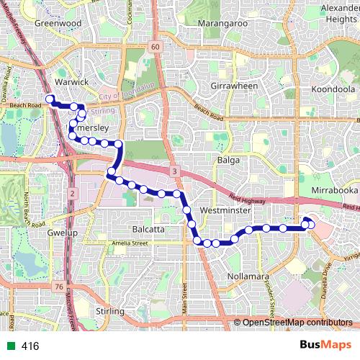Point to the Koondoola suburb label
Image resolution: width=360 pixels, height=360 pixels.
(333, 89)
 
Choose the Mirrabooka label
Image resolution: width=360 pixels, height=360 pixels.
(335, 190)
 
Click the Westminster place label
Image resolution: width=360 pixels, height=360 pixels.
(226, 211)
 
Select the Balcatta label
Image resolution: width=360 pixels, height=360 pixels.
(150, 229)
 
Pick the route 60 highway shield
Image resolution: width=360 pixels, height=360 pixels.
(155, 46)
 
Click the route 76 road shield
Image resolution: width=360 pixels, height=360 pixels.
(58, 287)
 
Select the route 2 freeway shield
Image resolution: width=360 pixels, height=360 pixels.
(73, 194)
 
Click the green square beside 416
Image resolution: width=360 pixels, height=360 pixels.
(10, 346)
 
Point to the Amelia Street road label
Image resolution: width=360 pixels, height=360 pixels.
(129, 245)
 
